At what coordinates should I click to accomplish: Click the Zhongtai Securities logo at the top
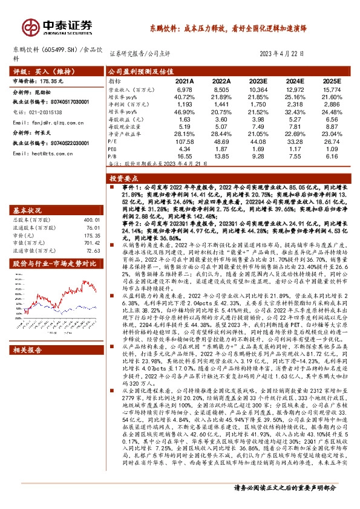(58, 25)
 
